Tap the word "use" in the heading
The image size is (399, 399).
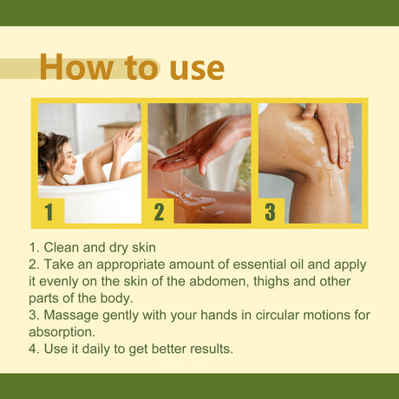tap(196, 68)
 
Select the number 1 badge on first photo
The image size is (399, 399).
tap(49, 211)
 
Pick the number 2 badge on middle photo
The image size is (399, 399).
tap(159, 211)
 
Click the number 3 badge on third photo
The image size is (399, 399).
tap(270, 211)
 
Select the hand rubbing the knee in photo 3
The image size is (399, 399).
tap(335, 130)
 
